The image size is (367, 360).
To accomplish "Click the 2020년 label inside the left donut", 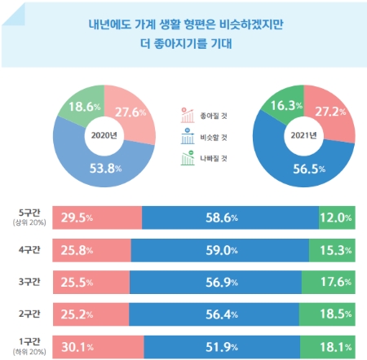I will (104, 134).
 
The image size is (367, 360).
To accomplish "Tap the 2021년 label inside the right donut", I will (303, 134).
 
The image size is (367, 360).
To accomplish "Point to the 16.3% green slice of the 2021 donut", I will (281, 104).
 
